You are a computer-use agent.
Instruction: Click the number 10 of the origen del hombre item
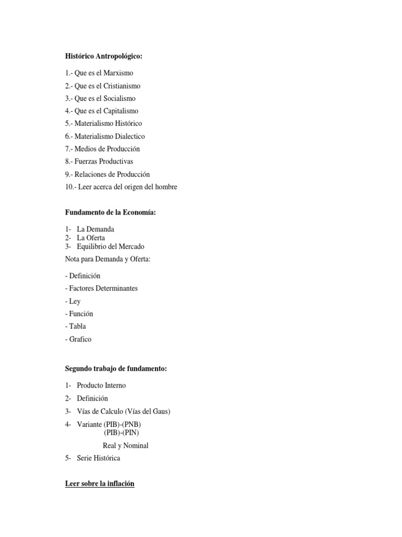70,187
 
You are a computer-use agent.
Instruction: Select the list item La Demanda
95,229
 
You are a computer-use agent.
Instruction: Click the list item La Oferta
91,238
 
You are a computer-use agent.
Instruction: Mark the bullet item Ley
74,302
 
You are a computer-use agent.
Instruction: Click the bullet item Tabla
76,326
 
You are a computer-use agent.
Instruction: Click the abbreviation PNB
132,424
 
